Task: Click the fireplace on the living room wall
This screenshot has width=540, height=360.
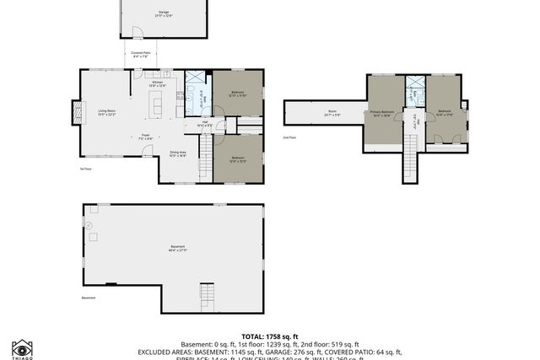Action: click(78, 112)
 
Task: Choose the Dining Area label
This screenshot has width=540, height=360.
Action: click(178, 153)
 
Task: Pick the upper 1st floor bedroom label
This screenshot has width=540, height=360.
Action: click(237, 94)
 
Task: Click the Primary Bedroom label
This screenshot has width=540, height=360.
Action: click(381, 113)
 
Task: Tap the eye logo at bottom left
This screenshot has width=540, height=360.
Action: click(22, 347)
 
